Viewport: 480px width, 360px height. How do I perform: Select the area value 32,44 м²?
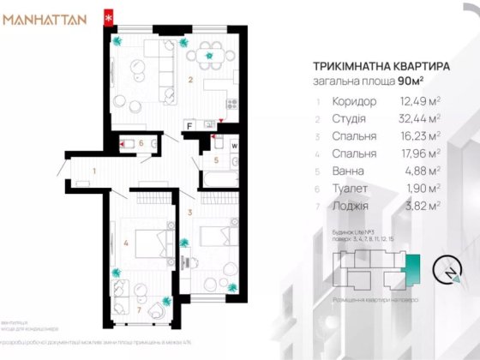point(420,119)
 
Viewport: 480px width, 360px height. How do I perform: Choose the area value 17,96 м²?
point(420,153)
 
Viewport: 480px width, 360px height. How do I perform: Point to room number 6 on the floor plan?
point(141,143)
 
